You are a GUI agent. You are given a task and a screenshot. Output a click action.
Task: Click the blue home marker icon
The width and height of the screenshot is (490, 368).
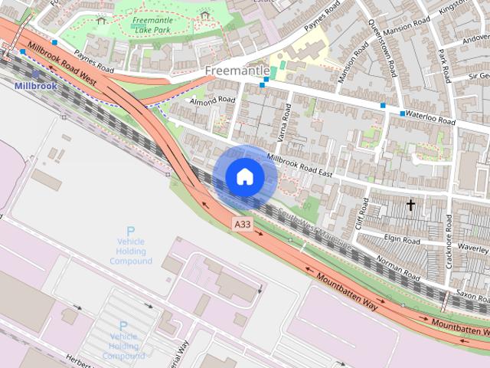tap(244, 177)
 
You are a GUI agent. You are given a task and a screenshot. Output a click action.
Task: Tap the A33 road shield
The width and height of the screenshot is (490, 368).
tap(242, 224)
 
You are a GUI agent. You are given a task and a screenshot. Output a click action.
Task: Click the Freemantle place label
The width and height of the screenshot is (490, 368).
tap(237, 71)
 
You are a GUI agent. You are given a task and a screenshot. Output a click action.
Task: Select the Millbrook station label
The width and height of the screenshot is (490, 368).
tap(34, 86)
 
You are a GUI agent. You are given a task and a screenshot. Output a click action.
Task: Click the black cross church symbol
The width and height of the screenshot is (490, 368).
tap(410, 205)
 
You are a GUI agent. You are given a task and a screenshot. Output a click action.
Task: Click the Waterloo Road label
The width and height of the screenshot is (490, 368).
tap(430, 120)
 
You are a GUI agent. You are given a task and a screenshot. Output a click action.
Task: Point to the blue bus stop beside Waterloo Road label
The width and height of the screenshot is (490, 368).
tap(403, 113)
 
